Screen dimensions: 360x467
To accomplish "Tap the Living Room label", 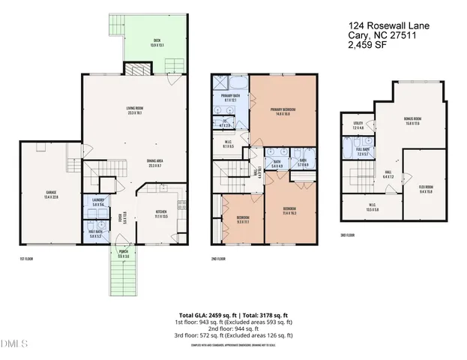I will point(135,110).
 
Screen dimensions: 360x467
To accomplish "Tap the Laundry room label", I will point(98,202).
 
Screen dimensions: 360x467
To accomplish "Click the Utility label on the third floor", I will point(358,126).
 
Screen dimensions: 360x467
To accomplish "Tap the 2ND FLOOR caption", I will point(218,259).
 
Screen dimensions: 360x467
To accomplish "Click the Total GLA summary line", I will point(235,315).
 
